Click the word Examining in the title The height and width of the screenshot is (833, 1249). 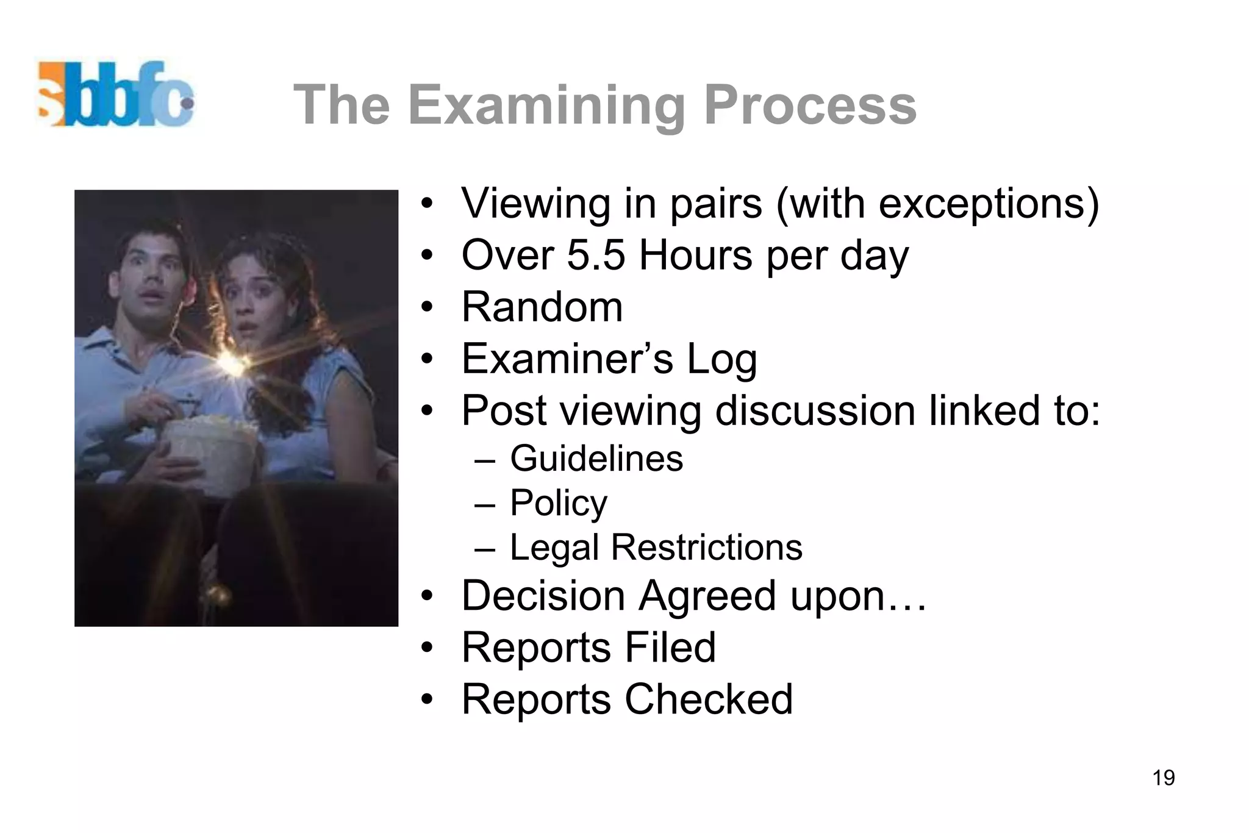pos(547,106)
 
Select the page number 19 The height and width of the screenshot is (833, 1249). pos(1164,778)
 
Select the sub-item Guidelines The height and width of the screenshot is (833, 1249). pos(596,459)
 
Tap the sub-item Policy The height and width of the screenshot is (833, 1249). pos(558,503)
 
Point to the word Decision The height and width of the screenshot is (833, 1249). pos(543,595)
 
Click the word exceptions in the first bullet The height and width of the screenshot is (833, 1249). pos(982,204)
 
